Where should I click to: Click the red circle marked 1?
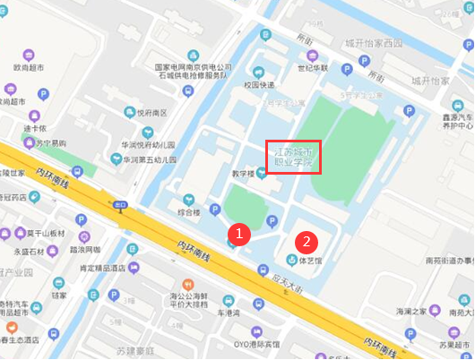237,232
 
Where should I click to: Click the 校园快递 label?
256,86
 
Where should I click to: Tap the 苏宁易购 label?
50,143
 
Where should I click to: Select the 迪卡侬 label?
35,127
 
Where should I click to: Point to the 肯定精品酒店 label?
101,268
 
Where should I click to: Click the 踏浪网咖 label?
84,250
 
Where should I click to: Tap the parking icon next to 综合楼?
214,210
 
